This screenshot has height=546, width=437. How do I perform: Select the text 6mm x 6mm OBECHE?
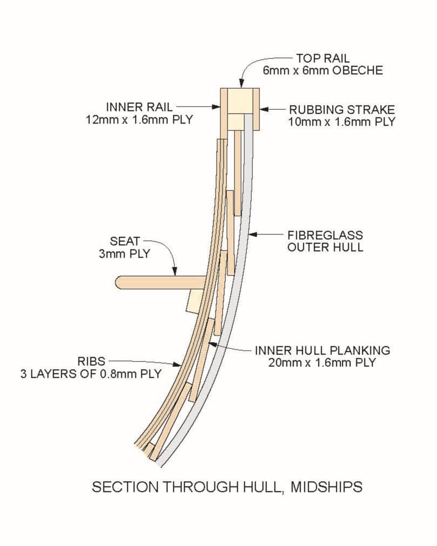pos(322,70)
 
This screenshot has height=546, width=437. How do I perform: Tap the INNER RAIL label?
pos(139,107)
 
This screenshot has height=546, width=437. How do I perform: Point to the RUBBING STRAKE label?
pos(342,109)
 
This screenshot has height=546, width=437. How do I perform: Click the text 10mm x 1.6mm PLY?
pos(342,121)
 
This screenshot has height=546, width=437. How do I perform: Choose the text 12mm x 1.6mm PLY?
pos(139,119)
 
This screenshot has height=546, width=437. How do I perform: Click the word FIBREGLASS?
pos(325,236)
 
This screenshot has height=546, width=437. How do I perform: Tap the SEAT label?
pos(125,241)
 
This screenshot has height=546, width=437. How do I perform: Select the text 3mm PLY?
pos(125,253)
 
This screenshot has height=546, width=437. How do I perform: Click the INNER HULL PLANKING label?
pos(322,350)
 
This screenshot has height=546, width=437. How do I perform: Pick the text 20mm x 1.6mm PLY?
pos(322,362)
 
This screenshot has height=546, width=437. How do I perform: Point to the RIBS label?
pos(90,361)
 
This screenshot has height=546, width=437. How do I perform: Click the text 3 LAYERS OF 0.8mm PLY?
pos(91,373)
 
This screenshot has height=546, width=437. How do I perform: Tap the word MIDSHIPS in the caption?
pos(326,486)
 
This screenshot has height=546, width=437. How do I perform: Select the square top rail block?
pos(239,100)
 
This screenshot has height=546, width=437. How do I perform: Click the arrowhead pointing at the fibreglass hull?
pos(252,235)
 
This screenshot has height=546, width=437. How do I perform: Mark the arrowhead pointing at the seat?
pos(175,273)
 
